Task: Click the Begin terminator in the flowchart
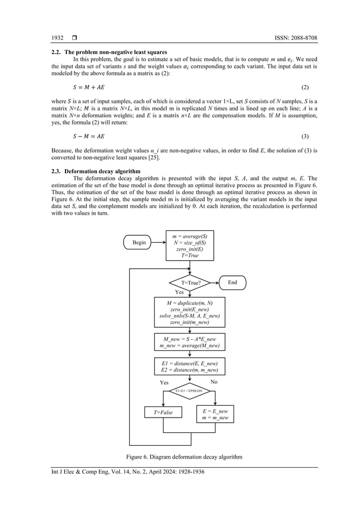tap(139, 242)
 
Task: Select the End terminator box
tap(232, 282)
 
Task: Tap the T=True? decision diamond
tap(190, 282)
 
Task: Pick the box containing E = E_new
tap(214, 414)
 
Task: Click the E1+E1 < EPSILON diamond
tap(190, 390)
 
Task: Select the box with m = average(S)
tap(190, 245)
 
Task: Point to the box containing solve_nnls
tap(190, 312)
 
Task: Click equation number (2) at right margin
tap(304, 88)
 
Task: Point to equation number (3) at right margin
tap(304, 137)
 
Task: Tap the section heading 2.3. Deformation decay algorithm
tap(96, 170)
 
